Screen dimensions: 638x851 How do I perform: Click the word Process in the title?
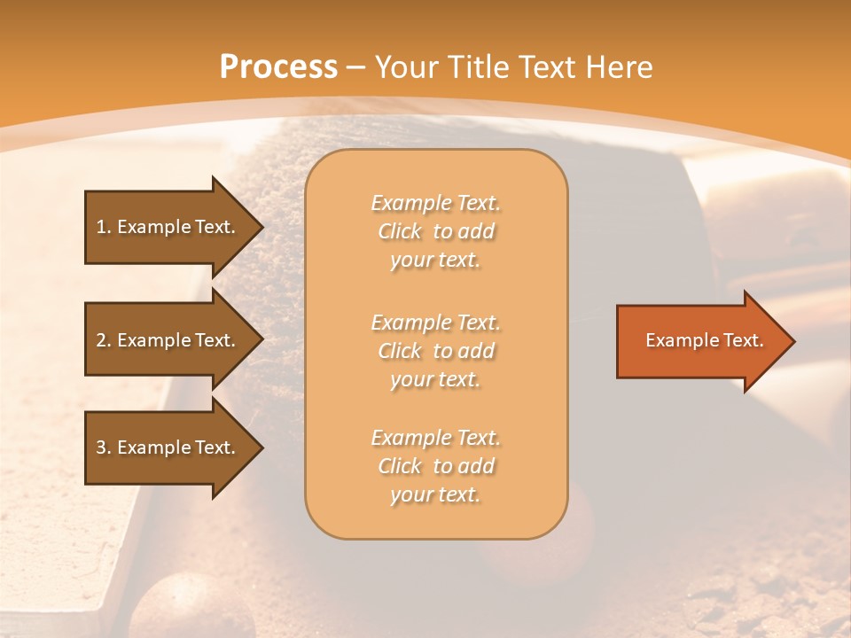(278, 66)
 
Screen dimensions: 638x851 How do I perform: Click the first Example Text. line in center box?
(435, 203)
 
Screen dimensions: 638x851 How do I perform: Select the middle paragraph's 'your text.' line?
(435, 379)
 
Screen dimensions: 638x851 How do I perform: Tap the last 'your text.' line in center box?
(435, 494)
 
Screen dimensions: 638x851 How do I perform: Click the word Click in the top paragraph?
(400, 231)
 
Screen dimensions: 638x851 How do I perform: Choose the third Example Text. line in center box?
(435, 438)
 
